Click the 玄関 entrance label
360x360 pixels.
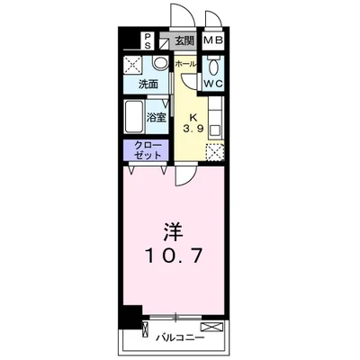[x=184, y=40]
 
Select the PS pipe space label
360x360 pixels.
[x=148, y=40]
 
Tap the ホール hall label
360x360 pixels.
[x=185, y=65]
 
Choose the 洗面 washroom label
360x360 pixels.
[x=148, y=85]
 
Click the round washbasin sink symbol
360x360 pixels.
[x=159, y=63]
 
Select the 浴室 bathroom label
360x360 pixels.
[x=156, y=117]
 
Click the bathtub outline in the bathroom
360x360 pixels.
[x=132, y=115]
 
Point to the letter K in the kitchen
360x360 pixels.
[x=193, y=115]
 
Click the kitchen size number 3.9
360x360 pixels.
[x=193, y=128]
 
